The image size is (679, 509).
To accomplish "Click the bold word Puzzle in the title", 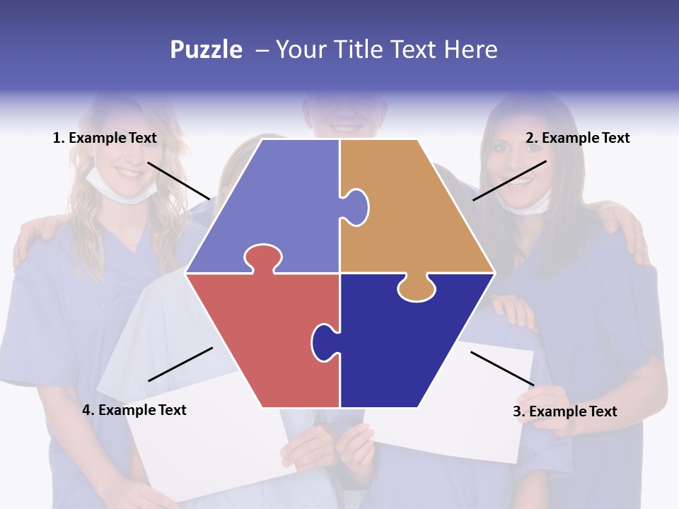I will (x=206, y=50).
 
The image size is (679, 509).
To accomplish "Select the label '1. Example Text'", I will (x=105, y=138).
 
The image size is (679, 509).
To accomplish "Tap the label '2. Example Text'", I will (x=577, y=138).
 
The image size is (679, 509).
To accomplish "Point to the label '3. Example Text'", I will (x=564, y=411).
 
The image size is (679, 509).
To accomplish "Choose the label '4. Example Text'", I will (x=134, y=410).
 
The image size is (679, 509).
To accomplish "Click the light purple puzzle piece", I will (x=276, y=205).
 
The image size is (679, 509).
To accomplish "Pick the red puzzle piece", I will (x=262, y=332).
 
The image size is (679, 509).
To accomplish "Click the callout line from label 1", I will (x=178, y=180).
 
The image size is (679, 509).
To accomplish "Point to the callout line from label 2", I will (x=509, y=180).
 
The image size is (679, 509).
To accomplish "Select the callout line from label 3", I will (x=502, y=368).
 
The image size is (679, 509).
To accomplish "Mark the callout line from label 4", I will (x=180, y=364).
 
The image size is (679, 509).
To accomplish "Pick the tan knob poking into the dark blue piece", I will (x=417, y=288).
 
